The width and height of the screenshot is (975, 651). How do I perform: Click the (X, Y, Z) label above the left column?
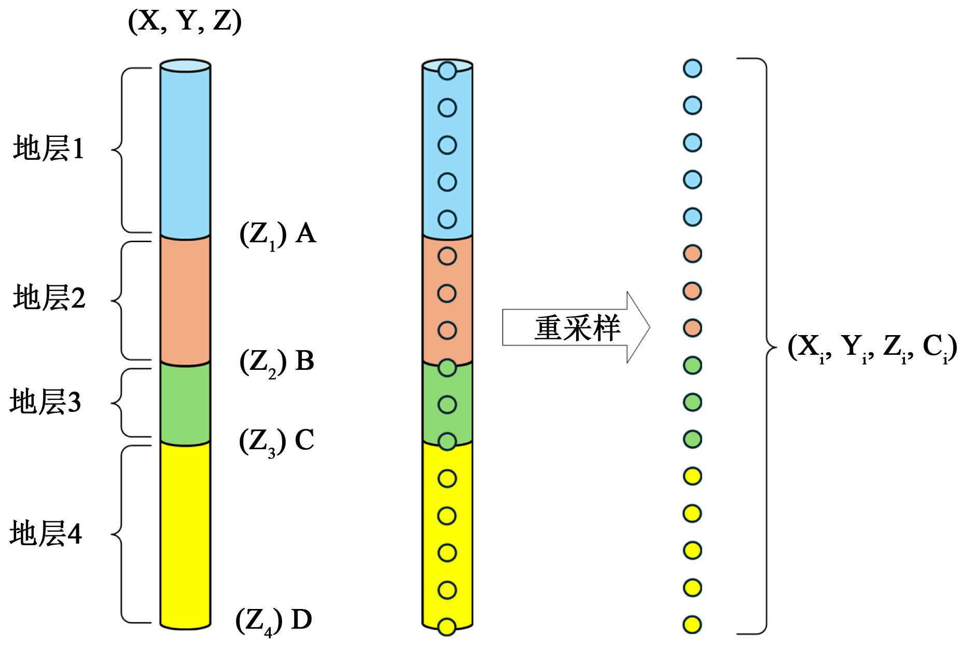pos(185,21)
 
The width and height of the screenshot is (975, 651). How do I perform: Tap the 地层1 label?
pos(49,148)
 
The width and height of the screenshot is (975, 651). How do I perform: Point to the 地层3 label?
pos(46,402)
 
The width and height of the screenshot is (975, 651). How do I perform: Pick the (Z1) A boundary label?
pos(277,234)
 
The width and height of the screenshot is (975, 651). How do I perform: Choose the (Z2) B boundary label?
pos(277,362)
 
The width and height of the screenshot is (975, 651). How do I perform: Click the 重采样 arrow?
pos(576,327)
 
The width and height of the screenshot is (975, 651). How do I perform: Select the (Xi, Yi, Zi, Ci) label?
pos(872,347)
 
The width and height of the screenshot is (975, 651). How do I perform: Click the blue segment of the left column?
pos(185,150)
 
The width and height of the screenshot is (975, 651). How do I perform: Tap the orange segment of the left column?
pos(185,299)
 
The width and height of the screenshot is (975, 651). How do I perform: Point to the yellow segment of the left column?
pos(185,534)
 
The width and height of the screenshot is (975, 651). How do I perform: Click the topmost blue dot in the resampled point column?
pos(692,68)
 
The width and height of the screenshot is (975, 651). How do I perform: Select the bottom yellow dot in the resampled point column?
pos(692,625)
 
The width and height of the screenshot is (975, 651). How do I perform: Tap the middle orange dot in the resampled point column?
pos(692,291)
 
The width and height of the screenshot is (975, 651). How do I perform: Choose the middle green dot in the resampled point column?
pos(692,402)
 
